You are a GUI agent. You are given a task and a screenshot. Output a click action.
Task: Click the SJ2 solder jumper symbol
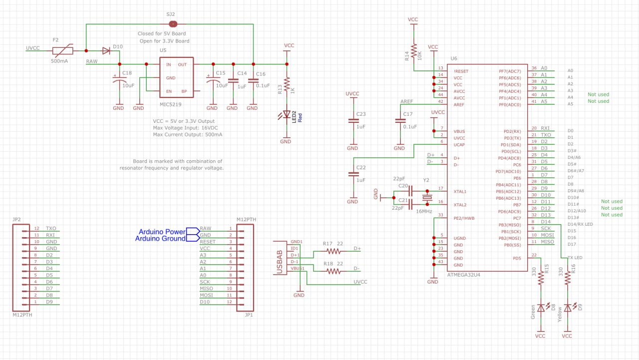click(173, 24)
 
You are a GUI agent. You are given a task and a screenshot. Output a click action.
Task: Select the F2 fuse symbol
click(63, 51)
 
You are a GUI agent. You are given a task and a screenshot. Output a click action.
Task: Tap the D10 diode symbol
click(106, 51)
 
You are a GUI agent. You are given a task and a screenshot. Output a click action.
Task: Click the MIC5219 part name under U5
click(170, 104)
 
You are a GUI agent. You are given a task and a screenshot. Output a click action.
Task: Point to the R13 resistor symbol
click(287, 85)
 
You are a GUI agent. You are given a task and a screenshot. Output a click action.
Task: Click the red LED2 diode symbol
click(286, 115)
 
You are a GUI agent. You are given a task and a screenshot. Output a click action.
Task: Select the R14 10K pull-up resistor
click(414, 51)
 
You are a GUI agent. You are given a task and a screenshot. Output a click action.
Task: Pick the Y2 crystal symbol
click(427, 198)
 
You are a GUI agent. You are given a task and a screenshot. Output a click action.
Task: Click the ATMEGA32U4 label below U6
click(464, 275)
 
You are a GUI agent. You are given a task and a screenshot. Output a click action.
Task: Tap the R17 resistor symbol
click(333, 251)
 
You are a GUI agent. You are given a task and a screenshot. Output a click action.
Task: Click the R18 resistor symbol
click(333, 271)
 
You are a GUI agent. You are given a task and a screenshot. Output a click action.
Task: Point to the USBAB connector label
click(280, 262)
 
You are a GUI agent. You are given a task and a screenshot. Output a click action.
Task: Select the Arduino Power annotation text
click(162, 232)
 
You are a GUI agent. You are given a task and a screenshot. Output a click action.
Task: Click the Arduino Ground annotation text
click(160, 239)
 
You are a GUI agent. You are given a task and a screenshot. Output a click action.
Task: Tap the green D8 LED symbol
click(541, 308)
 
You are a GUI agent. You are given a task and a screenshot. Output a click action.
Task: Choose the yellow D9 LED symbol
click(568, 308)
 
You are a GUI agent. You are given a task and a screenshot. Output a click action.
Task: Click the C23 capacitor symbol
click(353, 121)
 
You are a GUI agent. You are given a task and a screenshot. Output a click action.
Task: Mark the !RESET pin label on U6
click(461, 71)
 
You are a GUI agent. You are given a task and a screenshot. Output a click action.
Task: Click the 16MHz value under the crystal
click(424, 211)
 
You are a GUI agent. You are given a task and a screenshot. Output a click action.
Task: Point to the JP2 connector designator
click(16, 219)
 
